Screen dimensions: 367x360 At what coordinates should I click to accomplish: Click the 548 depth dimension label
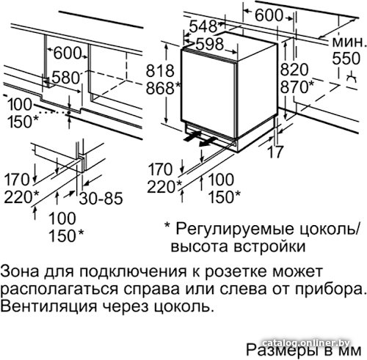pos(203,26)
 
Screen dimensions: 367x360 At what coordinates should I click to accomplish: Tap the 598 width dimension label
pos(210,44)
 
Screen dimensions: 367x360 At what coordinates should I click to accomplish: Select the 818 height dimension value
pos(160,70)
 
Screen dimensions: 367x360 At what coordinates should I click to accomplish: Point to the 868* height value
pos(163,88)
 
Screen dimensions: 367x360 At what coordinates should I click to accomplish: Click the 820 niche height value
pos(294,70)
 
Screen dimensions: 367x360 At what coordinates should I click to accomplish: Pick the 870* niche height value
pos(297,87)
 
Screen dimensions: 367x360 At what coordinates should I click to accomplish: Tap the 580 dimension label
pos(66,78)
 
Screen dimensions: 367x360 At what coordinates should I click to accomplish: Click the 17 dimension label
pos(276,152)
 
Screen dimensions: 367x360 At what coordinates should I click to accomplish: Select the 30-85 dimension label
pos(101,198)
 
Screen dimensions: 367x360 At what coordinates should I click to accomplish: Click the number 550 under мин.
pos(346,59)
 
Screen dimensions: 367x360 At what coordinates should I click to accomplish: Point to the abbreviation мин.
pos(349,43)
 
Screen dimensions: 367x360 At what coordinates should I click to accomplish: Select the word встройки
pos(269,246)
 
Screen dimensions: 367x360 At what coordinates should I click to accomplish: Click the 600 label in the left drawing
pos(68,53)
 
